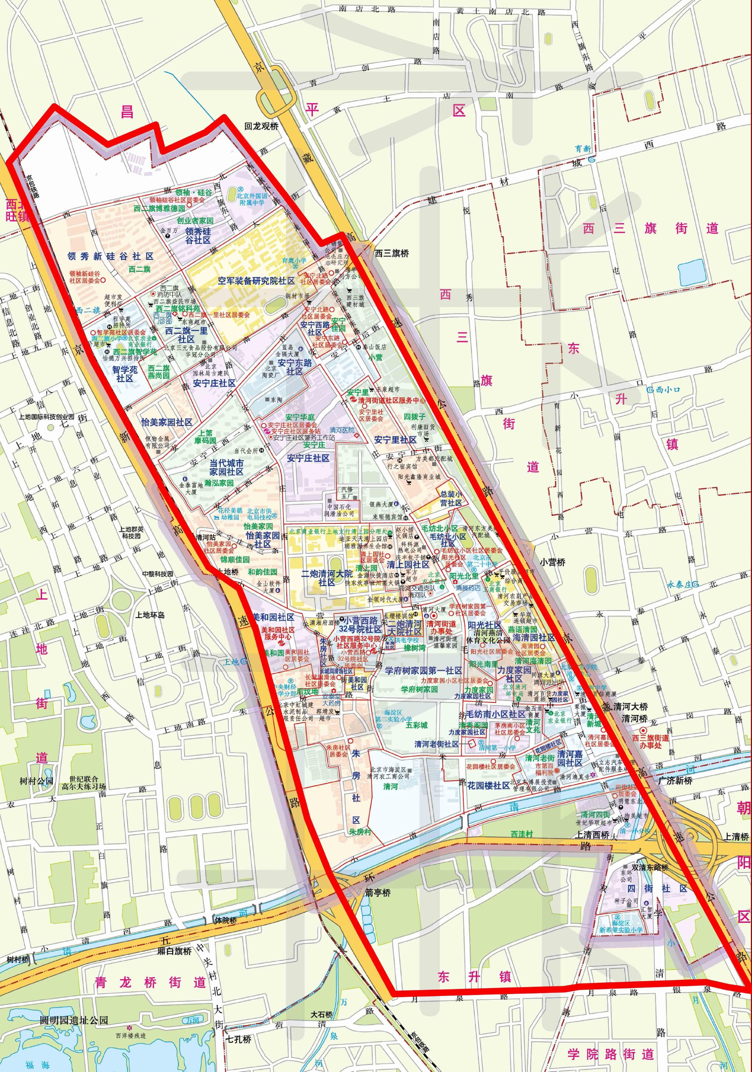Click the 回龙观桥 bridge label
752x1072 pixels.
click(x=261, y=126)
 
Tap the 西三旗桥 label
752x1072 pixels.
click(x=392, y=253)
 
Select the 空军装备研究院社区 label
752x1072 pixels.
click(x=256, y=281)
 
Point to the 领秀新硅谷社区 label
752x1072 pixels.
click(x=111, y=256)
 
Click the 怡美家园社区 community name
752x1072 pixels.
click(x=167, y=422)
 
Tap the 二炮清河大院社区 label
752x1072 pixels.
click(x=327, y=578)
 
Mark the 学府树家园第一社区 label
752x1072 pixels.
click(x=423, y=671)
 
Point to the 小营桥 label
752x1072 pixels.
click(x=553, y=563)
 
